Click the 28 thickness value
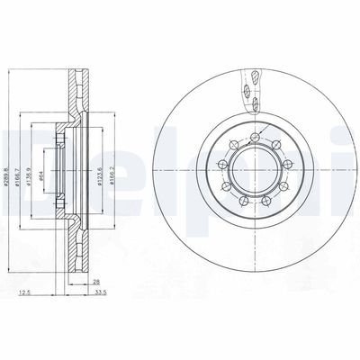(96, 282)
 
